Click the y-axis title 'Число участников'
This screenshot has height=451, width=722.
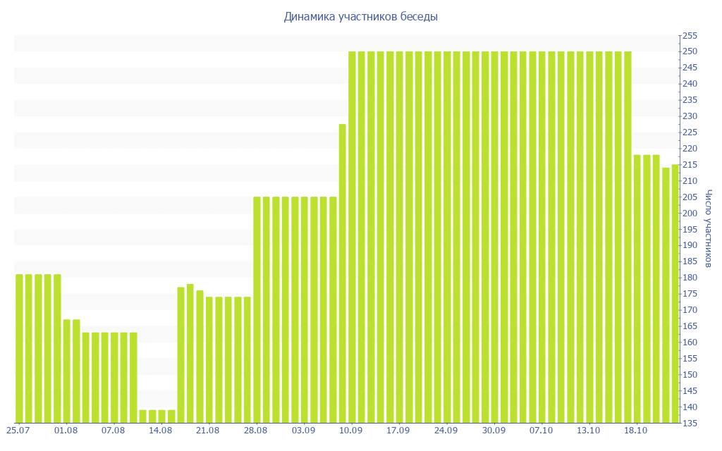(709, 228)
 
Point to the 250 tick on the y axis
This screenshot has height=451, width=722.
(689, 51)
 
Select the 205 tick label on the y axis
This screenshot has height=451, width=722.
(689, 197)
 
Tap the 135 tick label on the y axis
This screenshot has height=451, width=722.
(689, 424)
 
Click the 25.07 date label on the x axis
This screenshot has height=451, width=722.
(18, 430)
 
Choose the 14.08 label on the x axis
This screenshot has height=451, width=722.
(161, 430)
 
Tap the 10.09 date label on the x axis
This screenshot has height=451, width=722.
(350, 430)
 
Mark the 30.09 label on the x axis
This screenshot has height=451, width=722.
(494, 430)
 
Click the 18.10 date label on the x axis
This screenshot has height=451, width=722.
(636, 430)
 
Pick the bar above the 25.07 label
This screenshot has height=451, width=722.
(19, 348)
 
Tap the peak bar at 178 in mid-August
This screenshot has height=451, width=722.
(190, 353)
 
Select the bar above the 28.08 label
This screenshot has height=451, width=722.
(257, 310)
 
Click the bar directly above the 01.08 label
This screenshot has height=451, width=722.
(66, 371)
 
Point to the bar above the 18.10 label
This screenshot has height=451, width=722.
(637, 288)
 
